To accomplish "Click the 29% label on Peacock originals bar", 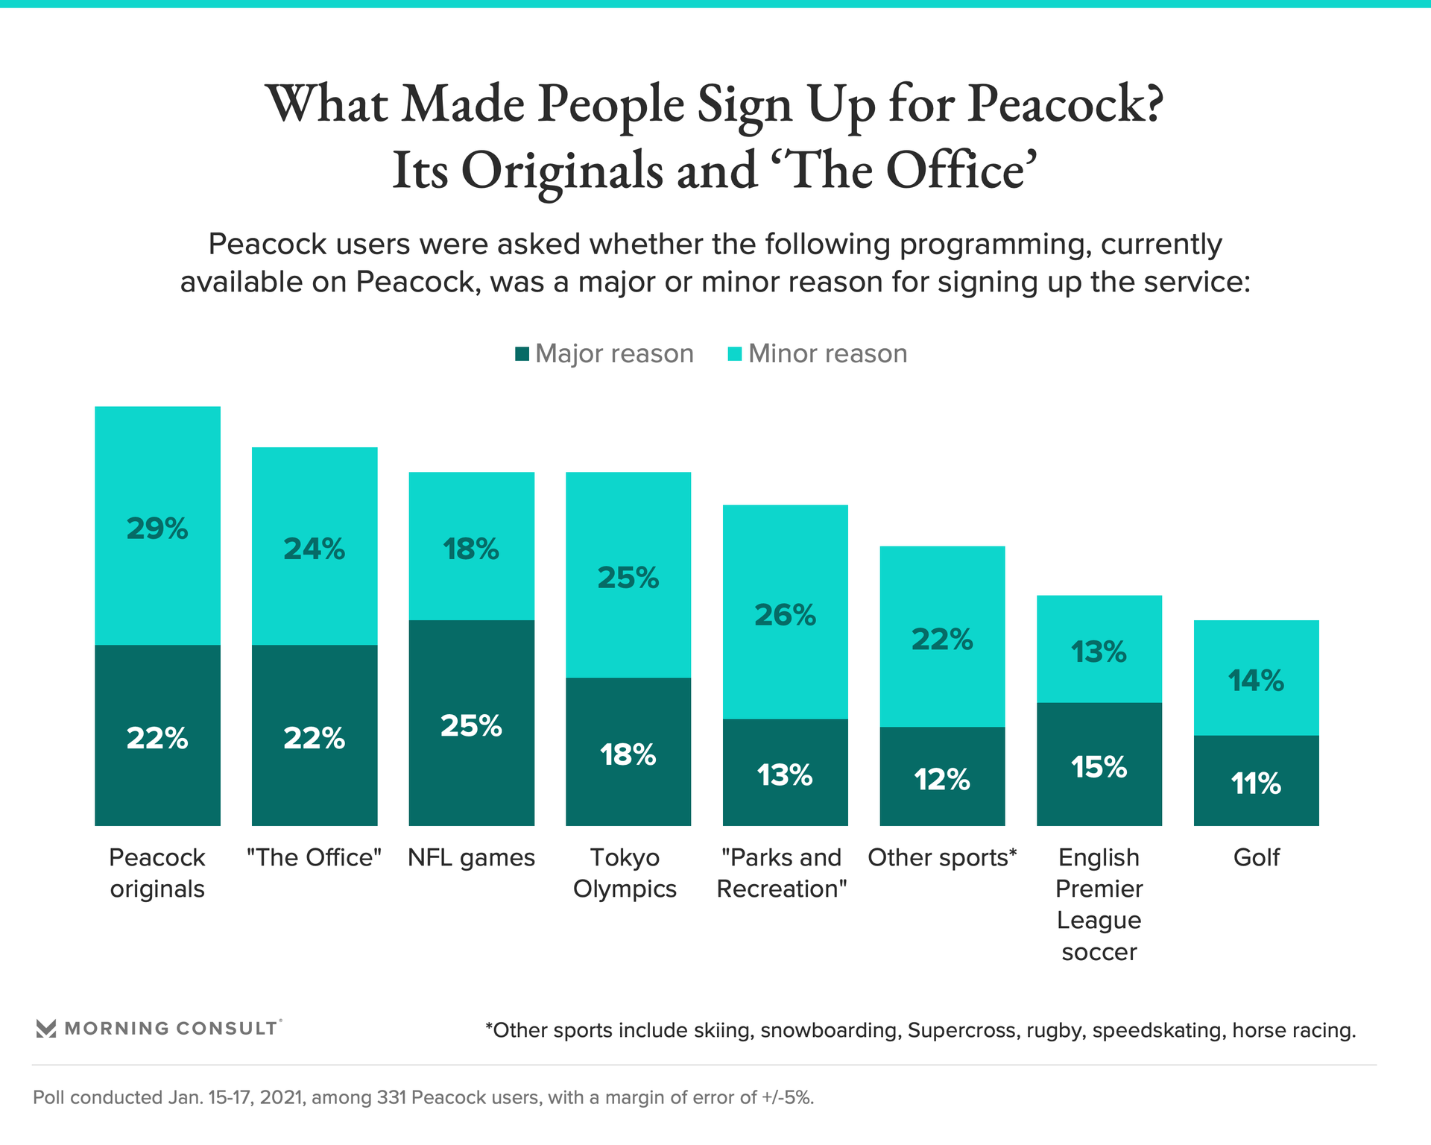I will click(157, 529).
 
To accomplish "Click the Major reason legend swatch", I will click(522, 353).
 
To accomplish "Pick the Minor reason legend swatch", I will click(735, 353).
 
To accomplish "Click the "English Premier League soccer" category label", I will click(1099, 904).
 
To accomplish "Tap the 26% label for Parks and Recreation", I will click(785, 615).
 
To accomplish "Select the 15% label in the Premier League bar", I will click(1099, 767).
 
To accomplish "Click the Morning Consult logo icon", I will click(46, 1029).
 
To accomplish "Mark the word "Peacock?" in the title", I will click(1065, 104).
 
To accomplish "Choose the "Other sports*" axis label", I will click(942, 857).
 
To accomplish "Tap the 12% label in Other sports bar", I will click(942, 780).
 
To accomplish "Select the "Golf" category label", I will click(1256, 857).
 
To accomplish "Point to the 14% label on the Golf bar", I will click(1256, 681).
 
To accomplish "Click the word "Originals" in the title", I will click(562, 171).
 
